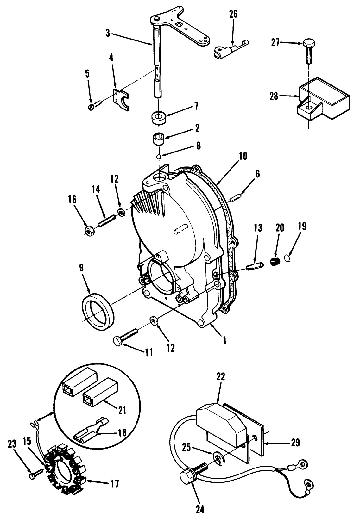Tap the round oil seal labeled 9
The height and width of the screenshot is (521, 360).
[97, 312]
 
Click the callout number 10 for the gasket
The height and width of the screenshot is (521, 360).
[243, 156]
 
